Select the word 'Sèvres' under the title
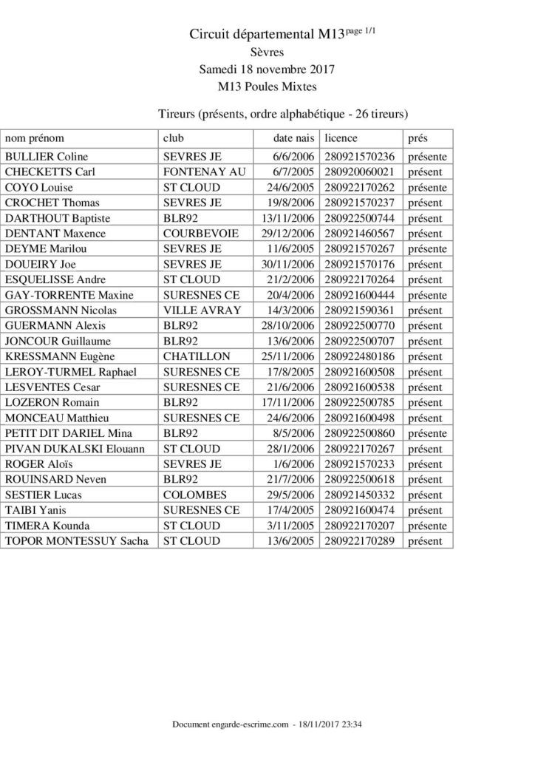267,52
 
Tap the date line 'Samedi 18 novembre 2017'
267,69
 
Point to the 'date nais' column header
294,138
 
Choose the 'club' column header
173,138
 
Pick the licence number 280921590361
359,310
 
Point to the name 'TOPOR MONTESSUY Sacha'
77,541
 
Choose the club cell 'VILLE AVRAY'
202,310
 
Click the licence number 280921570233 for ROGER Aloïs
359,464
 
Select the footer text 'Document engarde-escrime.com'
229,725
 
